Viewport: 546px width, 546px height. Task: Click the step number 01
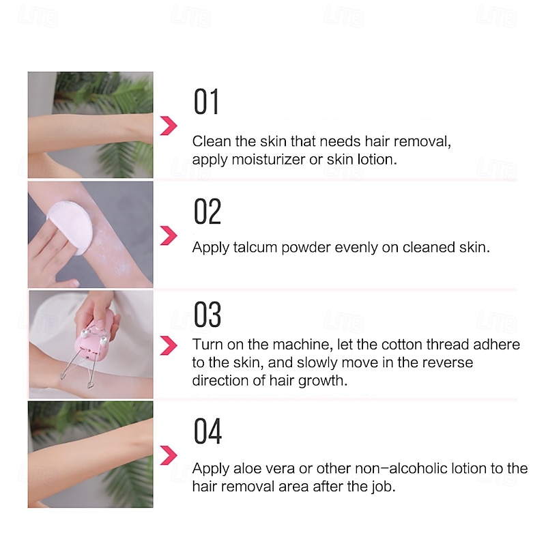tap(206, 101)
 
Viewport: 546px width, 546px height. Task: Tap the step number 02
tap(207, 211)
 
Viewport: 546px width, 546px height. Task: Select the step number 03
tap(207, 315)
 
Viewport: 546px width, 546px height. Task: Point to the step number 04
tap(207, 431)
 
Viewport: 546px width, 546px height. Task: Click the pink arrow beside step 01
tap(169, 126)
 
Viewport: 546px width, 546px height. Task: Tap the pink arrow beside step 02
tap(169, 235)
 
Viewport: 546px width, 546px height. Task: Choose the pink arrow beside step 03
tap(169, 345)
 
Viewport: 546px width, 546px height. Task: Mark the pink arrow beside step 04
tap(169, 455)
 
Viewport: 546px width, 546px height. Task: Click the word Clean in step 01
tap(212, 141)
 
